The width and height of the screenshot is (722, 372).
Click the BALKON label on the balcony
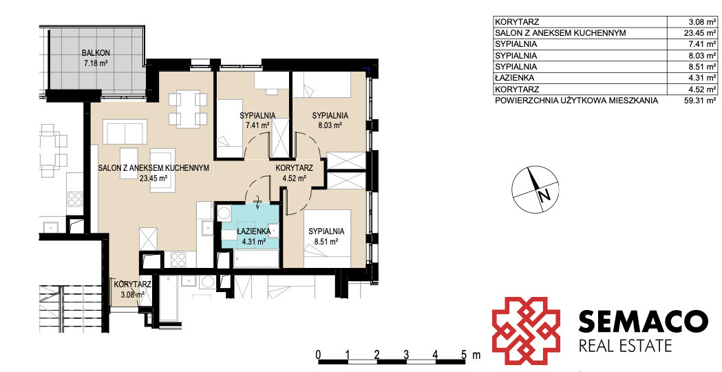coord(96,53)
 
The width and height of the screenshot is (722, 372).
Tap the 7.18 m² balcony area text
coord(96,63)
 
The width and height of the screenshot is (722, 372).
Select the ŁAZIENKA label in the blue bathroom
coord(251,231)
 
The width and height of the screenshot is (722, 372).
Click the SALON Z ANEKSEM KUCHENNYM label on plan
coord(153,168)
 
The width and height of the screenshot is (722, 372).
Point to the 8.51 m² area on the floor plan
coord(326,240)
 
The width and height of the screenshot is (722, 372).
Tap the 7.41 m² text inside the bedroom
coord(258,125)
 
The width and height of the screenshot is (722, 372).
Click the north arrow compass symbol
coord(535,189)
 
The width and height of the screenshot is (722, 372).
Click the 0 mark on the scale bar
coord(318,355)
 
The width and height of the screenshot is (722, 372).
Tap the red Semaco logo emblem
coord(527,329)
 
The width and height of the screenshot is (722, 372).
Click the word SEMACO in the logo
coord(643,321)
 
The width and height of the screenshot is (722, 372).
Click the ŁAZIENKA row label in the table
coord(514,78)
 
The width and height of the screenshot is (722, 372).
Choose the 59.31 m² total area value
coord(700,101)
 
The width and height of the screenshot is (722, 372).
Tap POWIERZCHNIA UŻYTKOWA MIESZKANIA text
coord(577,101)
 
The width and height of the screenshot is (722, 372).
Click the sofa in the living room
coord(125,132)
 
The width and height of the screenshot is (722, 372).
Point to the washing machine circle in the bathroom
coord(224,214)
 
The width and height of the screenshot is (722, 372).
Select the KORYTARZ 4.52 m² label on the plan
coord(295,173)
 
